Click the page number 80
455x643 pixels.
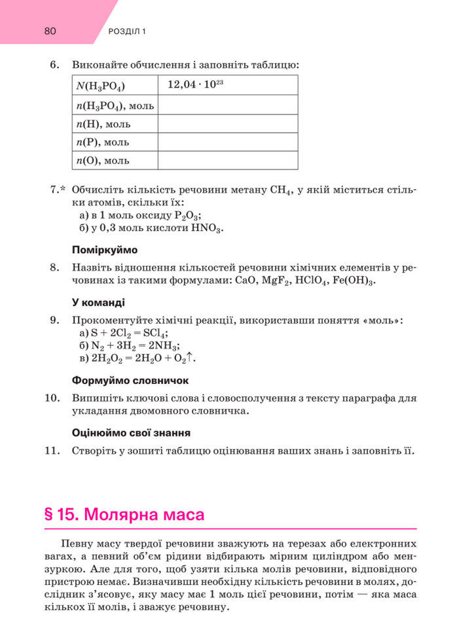pyautogui.click(x=50, y=31)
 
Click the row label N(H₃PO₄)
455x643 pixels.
pyautogui.click(x=100, y=86)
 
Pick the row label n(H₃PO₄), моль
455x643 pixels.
pyautogui.click(x=115, y=105)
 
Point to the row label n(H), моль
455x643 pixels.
pyautogui.click(x=103, y=123)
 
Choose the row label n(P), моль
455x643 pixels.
pyautogui.click(x=103, y=141)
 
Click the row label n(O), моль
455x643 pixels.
pyautogui.click(x=103, y=160)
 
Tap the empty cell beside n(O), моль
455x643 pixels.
pyautogui.click(x=227, y=160)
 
